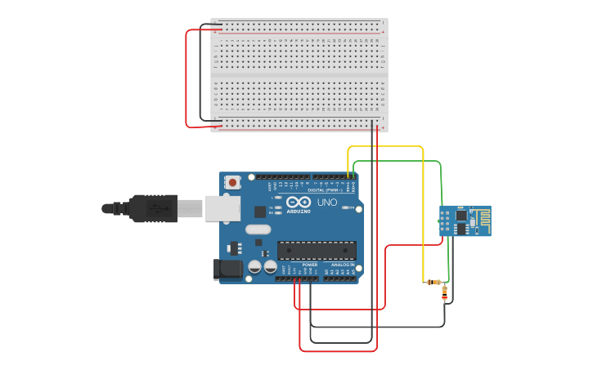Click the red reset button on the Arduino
(x=233, y=182)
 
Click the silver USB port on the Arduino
(x=222, y=208)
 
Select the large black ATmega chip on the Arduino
(x=317, y=250)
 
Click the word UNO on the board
(x=326, y=202)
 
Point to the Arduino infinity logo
(x=299, y=202)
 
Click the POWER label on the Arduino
(x=310, y=265)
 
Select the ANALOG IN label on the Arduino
(x=343, y=265)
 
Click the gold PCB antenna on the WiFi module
(x=482, y=220)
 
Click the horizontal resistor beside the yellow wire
(x=434, y=282)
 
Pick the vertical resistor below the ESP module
(x=444, y=292)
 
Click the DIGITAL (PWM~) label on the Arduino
(x=331, y=189)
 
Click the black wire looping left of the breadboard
(x=200, y=74)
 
